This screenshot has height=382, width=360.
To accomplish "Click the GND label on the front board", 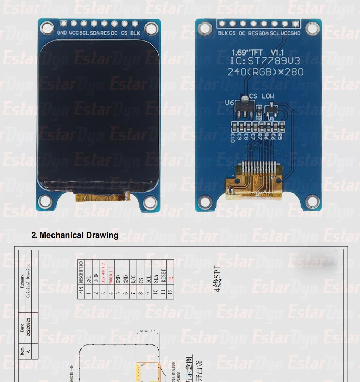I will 62,33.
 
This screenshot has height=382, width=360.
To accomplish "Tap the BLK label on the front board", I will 135,33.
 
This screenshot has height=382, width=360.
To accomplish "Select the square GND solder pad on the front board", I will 64,24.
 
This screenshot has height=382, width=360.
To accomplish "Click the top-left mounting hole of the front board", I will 47,27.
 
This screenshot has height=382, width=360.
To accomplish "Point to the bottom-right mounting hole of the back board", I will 312,201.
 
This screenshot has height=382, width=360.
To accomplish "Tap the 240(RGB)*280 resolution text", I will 265,72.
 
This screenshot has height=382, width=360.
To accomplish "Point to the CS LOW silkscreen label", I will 262,96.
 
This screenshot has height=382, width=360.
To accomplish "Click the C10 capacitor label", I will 233,138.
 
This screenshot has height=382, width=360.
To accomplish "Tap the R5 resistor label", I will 280,137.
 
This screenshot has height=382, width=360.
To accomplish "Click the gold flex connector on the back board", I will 257,180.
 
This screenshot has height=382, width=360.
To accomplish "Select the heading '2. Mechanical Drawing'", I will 75,235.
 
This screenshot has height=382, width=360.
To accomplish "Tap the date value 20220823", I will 29,325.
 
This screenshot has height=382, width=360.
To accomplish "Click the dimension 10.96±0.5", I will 147,331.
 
